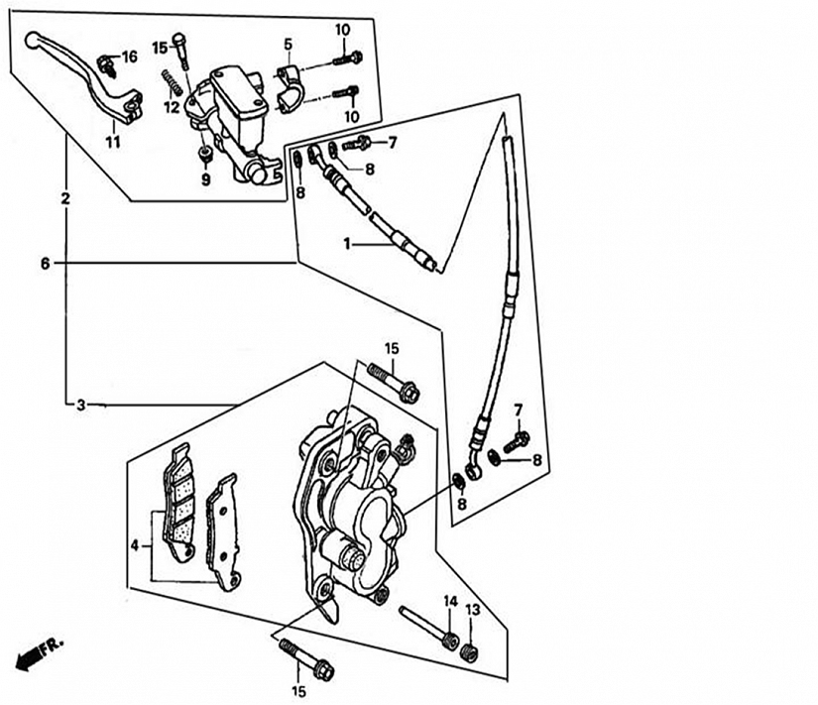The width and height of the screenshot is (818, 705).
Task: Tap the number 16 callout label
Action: click(129, 57)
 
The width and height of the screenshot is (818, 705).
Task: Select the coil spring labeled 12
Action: click(172, 82)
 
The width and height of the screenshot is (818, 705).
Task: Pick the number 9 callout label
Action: click(206, 180)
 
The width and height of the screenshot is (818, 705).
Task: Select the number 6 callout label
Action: click(46, 264)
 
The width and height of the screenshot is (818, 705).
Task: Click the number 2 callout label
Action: click(65, 199)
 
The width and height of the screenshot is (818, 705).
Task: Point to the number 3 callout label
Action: click(80, 405)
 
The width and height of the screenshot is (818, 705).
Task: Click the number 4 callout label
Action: click(135, 545)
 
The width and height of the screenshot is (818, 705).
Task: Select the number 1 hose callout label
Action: click(347, 243)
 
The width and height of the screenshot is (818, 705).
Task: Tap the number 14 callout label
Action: click(450, 602)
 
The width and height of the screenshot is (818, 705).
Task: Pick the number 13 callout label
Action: click(472, 610)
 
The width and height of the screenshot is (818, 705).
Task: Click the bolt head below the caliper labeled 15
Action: click(324, 670)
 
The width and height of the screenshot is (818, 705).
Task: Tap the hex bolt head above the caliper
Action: click(409, 393)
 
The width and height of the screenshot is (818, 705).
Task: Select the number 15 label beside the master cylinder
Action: click(161, 48)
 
